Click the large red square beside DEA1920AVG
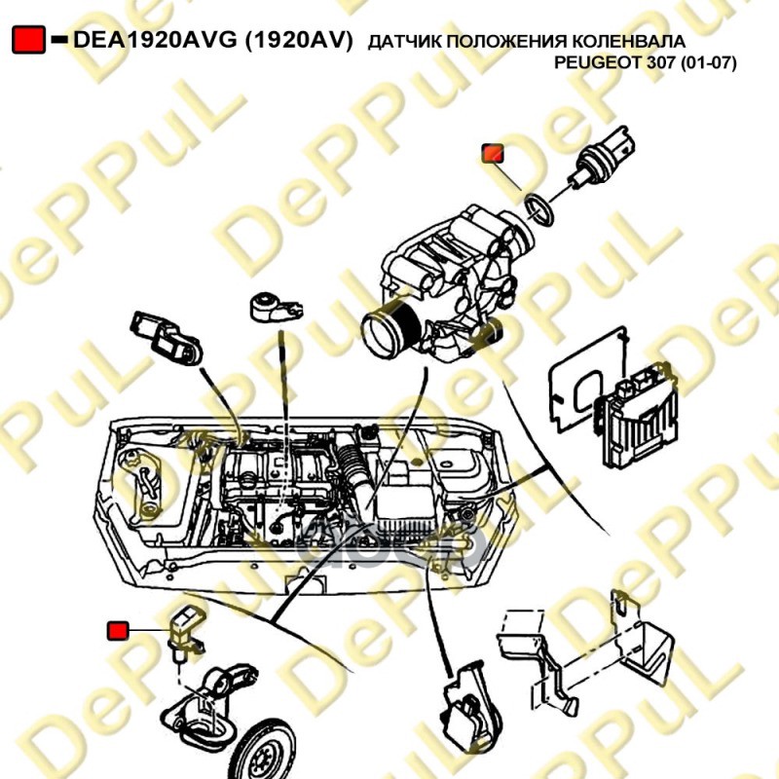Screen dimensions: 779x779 pos(29,40)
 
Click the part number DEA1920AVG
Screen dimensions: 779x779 pos(155,40)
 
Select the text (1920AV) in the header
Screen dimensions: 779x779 pos(299,40)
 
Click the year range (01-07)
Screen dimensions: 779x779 pos(709,63)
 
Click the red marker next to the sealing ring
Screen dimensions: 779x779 pos(493,154)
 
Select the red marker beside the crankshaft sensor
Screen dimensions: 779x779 pos(118,631)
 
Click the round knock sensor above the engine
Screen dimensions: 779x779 pos(276,307)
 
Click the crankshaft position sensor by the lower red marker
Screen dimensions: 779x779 pos(185,634)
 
